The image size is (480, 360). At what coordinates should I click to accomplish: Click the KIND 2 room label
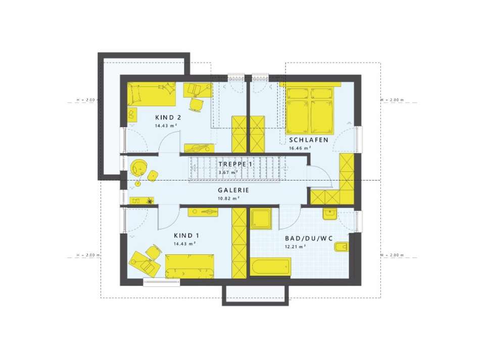tap(169, 117)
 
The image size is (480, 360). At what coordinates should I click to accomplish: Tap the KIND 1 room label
tap(182, 236)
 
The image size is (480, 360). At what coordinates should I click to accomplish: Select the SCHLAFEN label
tap(308, 140)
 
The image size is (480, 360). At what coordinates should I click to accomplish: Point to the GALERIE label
tap(234, 191)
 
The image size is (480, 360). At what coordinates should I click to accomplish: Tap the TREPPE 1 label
tap(235, 164)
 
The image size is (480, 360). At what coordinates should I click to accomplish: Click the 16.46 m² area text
tap(300, 148)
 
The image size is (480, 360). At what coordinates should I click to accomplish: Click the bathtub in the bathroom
tap(271, 266)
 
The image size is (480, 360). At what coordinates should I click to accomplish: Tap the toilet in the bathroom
tap(341, 247)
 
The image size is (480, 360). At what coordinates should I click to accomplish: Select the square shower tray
tap(262, 218)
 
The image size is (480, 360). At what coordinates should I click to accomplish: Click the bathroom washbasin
tap(330, 214)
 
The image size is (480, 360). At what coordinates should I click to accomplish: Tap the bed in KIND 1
tap(190, 265)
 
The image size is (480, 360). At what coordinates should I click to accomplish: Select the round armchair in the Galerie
tap(139, 166)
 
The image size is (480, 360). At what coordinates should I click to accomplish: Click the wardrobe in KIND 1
tap(238, 243)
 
